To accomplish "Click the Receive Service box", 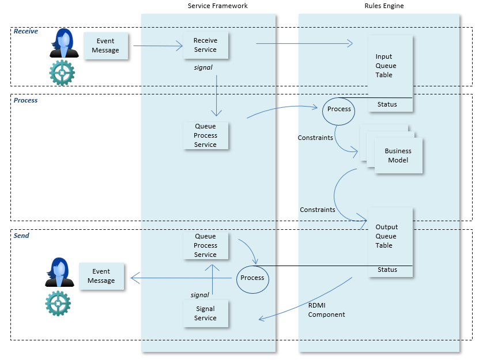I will [205, 45].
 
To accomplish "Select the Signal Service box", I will [205, 313].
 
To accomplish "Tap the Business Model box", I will [398, 156].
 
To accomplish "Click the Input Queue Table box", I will [390, 66].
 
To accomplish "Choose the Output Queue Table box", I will [390, 236].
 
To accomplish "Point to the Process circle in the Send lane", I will [252, 278].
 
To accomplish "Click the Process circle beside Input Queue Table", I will [339, 109].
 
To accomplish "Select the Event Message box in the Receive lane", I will [105, 46].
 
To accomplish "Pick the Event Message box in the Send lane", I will [101, 276].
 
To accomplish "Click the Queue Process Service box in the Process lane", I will [205, 135].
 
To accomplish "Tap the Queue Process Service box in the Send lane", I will [205, 245].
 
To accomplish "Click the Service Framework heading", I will [218, 6].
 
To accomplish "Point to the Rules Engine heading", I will [384, 6].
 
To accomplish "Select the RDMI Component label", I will [326, 310].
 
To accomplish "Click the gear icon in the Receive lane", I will [62, 73].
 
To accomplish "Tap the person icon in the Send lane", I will [59, 272].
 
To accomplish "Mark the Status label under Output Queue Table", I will [387, 270].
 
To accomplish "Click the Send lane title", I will [21, 236].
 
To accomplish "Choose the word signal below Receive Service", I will [203, 67].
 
